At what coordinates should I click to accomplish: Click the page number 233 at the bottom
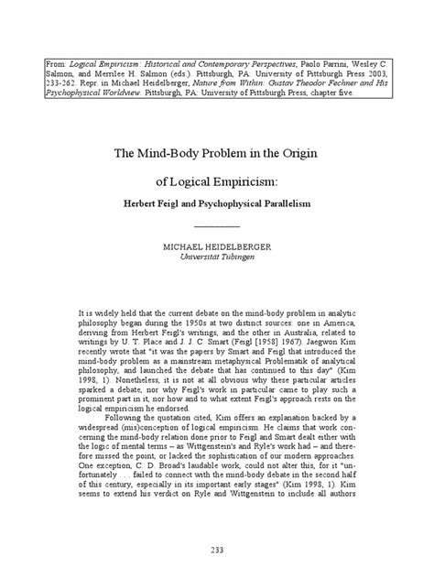217,550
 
